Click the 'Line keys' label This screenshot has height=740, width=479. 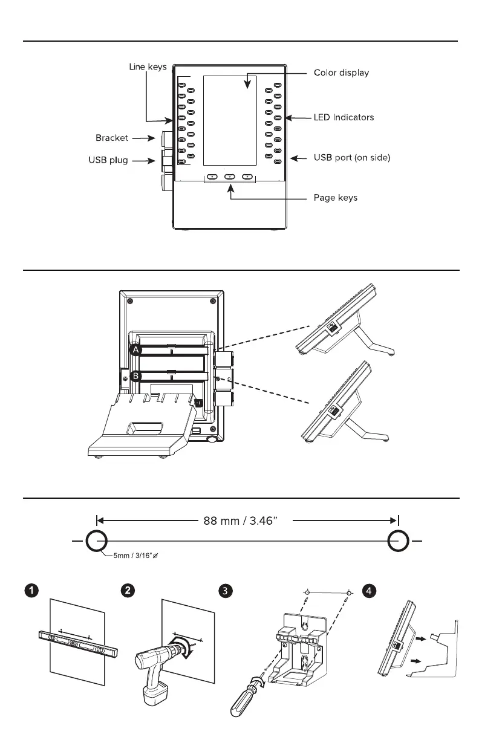click(148, 67)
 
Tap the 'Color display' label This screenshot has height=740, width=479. click(341, 73)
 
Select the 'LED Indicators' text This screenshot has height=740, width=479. click(344, 117)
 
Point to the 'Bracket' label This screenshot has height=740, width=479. click(112, 138)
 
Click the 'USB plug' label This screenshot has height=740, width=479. click(108, 160)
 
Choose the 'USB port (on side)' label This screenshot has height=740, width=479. click(352, 158)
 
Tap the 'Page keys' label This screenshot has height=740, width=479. click(335, 198)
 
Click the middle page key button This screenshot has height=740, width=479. click(230, 177)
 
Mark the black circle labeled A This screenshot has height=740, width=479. click(137, 350)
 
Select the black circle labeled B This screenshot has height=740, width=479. click(137, 376)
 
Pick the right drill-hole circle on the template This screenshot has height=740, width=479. click(397, 540)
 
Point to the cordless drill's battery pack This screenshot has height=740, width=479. click(155, 693)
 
